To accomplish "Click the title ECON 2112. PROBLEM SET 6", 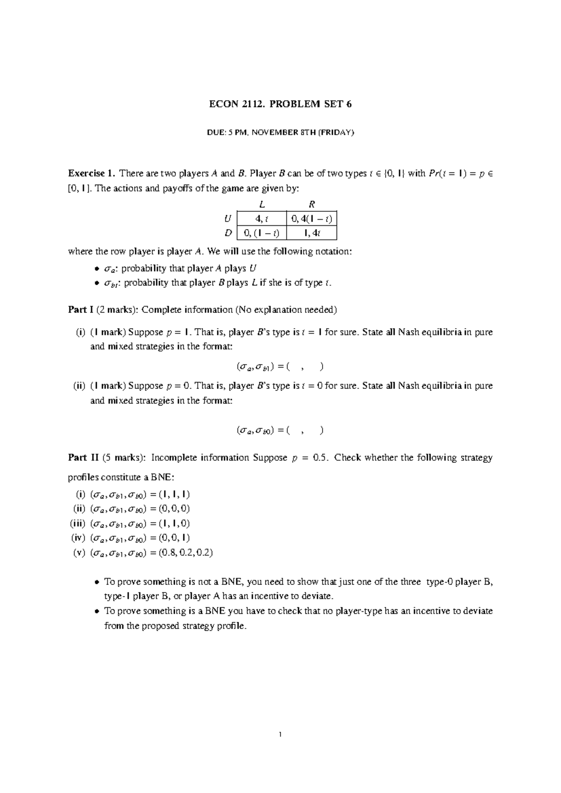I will click(280, 104).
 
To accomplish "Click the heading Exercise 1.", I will click(91, 173).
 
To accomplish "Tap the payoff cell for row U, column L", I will click(261, 218).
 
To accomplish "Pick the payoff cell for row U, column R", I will click(311, 218).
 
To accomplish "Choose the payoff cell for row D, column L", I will click(261, 233).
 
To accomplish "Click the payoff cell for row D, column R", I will click(311, 233).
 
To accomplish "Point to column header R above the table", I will click(312, 204).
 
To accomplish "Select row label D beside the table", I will click(228, 233).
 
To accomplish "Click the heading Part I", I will click(78, 310).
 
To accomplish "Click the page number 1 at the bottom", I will click(280, 735).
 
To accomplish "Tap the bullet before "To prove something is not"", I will click(97, 583).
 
